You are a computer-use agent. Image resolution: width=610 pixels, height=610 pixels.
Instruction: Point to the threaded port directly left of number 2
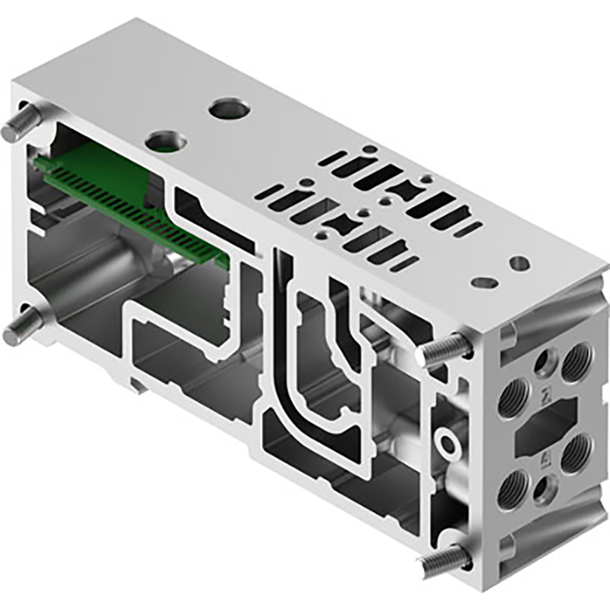512,399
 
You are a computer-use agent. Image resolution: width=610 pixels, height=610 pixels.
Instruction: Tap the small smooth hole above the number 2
546,358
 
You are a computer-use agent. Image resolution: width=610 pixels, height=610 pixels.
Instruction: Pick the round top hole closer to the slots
228,110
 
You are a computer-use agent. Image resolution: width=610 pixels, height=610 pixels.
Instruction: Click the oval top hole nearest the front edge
484,281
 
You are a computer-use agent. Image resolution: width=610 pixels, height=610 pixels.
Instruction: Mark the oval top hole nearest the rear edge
519,263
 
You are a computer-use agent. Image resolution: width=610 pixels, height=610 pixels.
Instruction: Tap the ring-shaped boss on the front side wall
450,445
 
